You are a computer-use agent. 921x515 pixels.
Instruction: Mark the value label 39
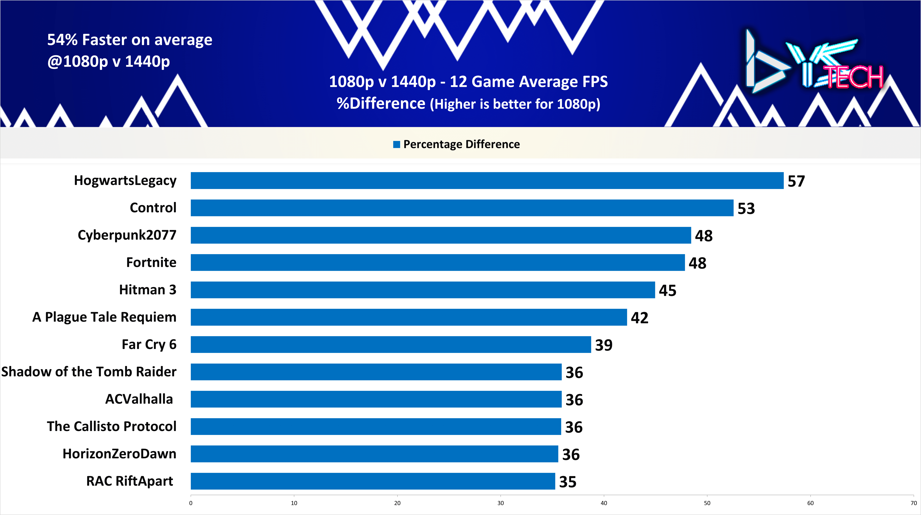[x=603, y=345]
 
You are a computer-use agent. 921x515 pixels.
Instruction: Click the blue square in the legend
[x=396, y=144]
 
